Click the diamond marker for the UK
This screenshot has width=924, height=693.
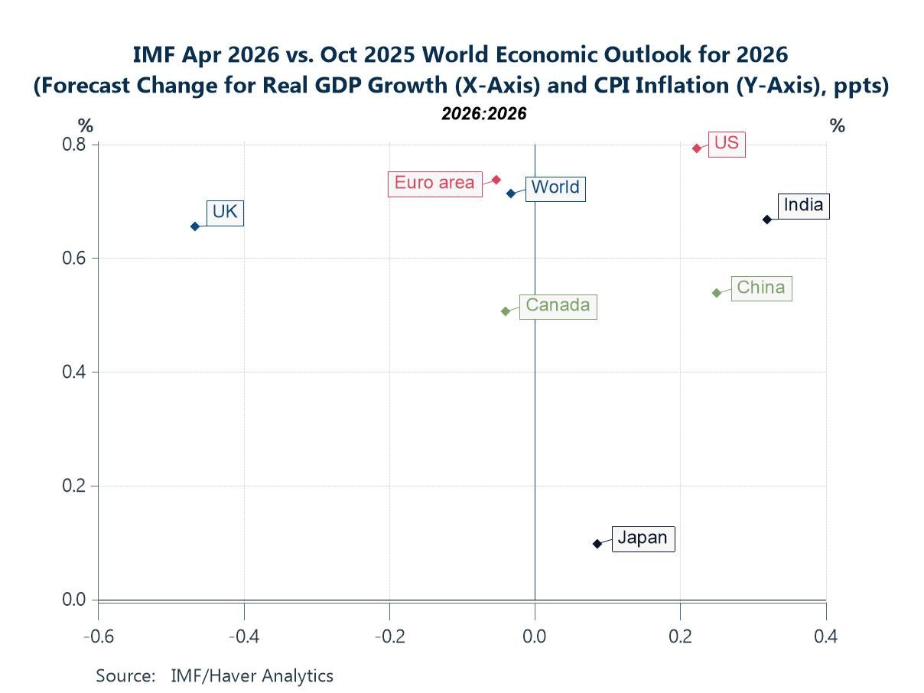pyautogui.click(x=195, y=226)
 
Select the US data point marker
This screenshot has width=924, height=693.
pyautogui.click(x=697, y=148)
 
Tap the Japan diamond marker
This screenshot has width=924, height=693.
pyautogui.click(x=597, y=544)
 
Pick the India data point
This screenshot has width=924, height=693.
pyautogui.click(x=766, y=220)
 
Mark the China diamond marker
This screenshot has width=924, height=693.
pyautogui.click(x=717, y=293)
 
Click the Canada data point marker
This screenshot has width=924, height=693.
pyautogui.click(x=506, y=311)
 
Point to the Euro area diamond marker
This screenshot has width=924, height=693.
pyautogui.click(x=496, y=180)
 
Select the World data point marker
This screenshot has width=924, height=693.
pyautogui.click(x=511, y=194)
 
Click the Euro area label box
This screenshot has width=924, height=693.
pyautogui.click(x=434, y=184)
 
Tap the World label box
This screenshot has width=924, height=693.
pyautogui.click(x=555, y=187)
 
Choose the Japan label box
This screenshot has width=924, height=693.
pyautogui.click(x=643, y=538)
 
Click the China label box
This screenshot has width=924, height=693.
pyautogui.click(x=760, y=288)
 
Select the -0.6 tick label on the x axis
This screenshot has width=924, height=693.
pyautogui.click(x=98, y=636)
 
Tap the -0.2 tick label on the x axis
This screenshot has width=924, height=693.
pyautogui.click(x=389, y=636)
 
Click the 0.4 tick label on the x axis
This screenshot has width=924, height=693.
pyautogui.click(x=826, y=636)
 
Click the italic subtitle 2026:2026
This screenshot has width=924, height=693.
pyautogui.click(x=484, y=114)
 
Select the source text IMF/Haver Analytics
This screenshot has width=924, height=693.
pyautogui.click(x=252, y=675)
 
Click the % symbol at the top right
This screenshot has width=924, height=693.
pyautogui.click(x=838, y=126)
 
